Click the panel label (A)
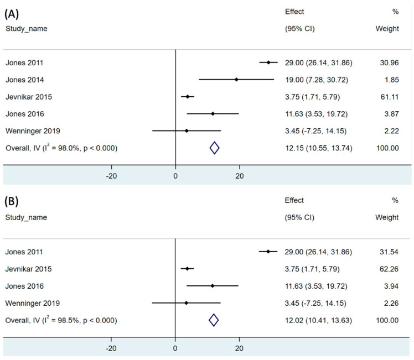12,14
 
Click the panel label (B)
12,201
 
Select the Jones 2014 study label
24,80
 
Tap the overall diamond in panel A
214,148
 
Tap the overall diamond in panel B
214,320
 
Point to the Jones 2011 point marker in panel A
268,62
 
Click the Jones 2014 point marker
236,80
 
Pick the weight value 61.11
390,97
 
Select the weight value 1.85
392,80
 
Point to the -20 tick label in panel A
111,176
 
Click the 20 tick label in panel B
239,348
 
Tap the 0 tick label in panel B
175,348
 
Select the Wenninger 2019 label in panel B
33,303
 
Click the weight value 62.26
389,269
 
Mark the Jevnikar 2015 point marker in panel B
187,269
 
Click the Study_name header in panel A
27,29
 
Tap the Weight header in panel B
387,217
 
